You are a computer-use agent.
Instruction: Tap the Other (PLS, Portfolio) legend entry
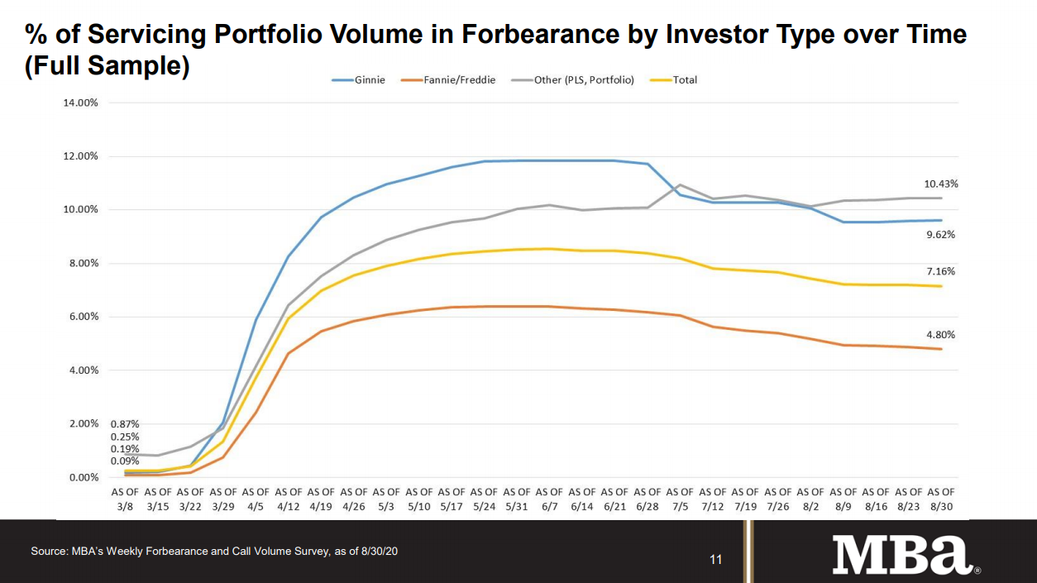coord(578,80)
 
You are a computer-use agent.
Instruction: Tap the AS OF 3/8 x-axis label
coord(126,499)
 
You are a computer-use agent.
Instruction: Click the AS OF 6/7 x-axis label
coord(549,499)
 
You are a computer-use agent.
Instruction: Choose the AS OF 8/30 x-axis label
coord(943,499)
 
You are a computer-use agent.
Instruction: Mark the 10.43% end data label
coord(939,184)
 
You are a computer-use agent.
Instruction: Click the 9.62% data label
coord(939,235)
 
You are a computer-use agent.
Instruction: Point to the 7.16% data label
coord(939,271)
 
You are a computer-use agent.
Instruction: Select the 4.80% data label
coord(939,335)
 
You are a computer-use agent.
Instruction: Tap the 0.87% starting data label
coord(125,424)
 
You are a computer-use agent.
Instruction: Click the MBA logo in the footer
coord(905,555)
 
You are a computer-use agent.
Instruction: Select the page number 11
coord(716,560)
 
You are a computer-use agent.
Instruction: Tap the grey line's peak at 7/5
coord(679,184)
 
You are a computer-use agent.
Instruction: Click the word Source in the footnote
coord(49,551)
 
